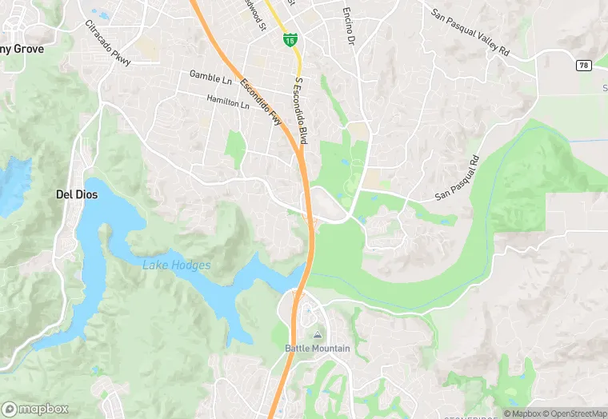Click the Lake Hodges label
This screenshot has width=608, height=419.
[x=177, y=265]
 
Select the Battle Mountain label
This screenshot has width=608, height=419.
[x=317, y=348]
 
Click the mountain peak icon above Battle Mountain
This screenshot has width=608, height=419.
[x=318, y=335]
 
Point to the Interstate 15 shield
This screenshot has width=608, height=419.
[x=290, y=38]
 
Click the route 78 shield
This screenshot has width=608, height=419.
[x=583, y=65]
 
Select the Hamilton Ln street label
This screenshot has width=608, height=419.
[x=228, y=101]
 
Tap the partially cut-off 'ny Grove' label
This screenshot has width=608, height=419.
[x=21, y=49]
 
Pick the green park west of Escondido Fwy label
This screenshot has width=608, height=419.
[x=235, y=149]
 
